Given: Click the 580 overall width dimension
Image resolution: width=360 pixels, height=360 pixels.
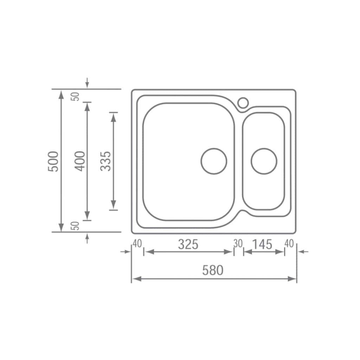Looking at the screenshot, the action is coord(213,270).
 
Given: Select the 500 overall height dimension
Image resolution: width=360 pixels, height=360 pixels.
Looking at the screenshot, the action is coord(53,161).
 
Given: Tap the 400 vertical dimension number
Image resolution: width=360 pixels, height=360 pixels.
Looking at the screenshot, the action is coord(80,161).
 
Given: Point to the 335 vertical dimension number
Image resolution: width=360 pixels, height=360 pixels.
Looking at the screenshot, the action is coord(105,161).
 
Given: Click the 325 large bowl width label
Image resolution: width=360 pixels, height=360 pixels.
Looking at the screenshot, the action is coord(188,245).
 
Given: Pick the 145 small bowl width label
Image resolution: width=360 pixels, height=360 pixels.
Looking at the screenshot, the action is coord(262,245).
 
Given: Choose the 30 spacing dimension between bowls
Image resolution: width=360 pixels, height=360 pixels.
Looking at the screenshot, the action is coord(238,244).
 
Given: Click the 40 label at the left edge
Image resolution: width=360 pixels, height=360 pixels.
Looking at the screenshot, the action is coord(137,244).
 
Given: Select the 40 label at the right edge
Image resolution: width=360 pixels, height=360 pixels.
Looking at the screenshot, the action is coord(289,244).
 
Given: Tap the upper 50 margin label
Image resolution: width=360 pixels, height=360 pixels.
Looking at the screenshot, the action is coord(75,96).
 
